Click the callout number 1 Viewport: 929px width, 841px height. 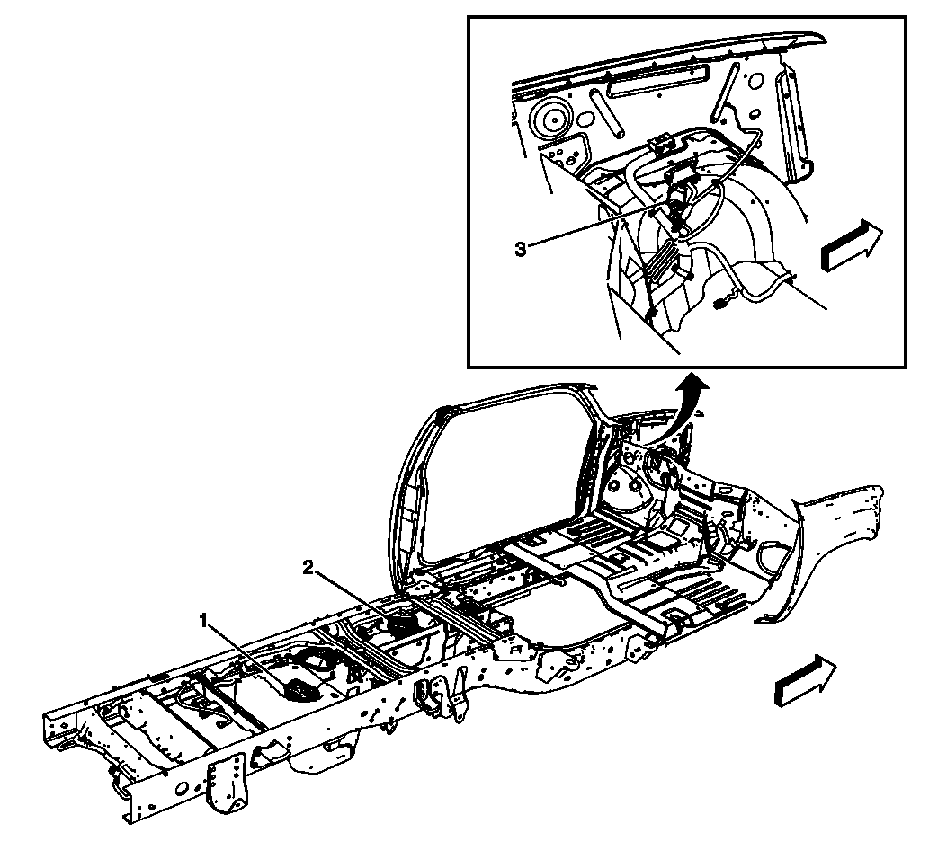(204, 620)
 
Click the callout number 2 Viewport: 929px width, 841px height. (308, 567)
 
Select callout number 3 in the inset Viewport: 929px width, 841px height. (520, 248)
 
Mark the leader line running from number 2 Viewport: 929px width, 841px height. (355, 593)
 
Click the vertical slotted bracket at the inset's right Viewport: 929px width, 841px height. (796, 126)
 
